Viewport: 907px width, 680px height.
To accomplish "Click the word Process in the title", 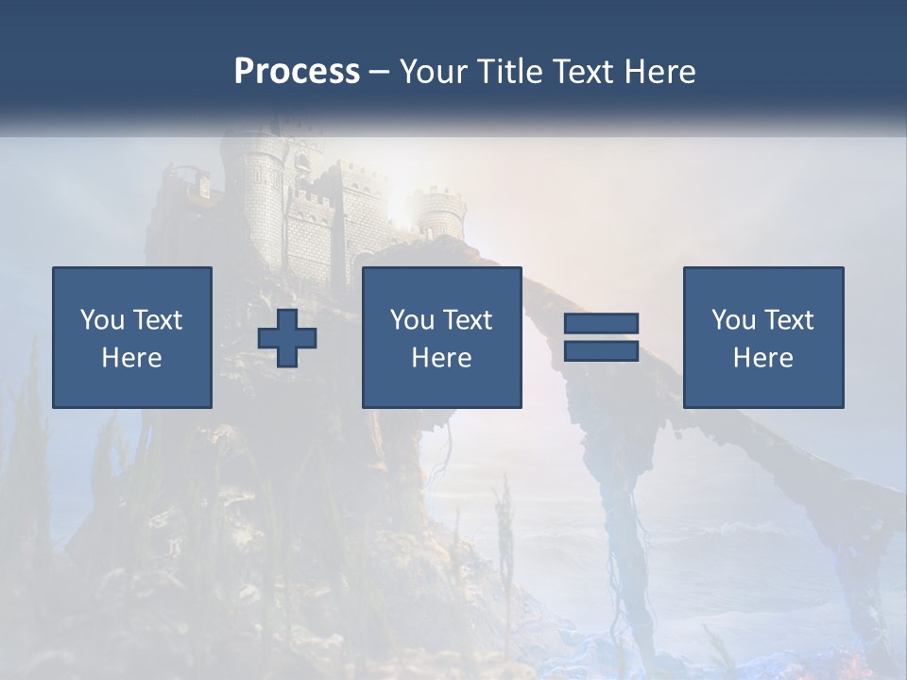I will pos(297,71).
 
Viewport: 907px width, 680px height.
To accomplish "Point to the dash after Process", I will pos(380,73).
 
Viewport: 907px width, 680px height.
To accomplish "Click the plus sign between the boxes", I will pos(287,338).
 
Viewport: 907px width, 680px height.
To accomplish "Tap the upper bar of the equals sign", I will pos(601,323).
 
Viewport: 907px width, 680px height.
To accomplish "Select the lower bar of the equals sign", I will pos(601,350).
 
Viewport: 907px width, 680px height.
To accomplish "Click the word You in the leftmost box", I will pos(102,320).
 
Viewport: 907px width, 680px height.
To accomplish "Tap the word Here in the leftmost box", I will pos(131,358).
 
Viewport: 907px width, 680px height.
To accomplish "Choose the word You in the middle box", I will pos(412,320).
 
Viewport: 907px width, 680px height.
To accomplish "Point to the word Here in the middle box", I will pos(441,358).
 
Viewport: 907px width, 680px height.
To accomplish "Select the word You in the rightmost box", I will pos(733,320).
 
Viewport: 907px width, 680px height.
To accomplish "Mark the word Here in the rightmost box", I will pos(762,358).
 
